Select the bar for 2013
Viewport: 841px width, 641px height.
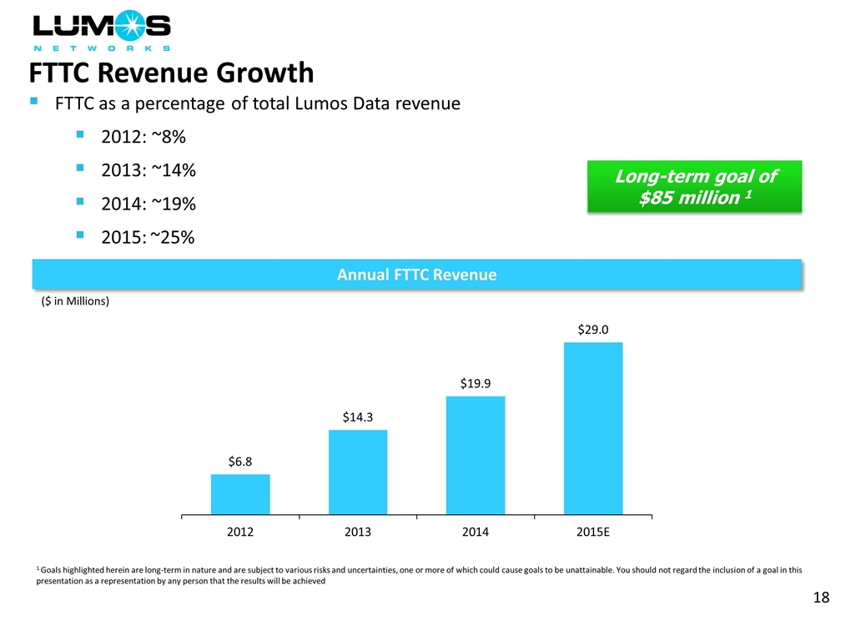tap(358, 472)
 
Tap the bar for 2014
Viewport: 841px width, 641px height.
tap(476, 455)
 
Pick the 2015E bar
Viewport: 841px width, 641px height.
tap(593, 428)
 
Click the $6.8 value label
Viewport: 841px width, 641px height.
tap(240, 461)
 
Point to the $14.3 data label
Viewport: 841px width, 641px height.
tap(358, 416)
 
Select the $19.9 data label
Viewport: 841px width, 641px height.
tap(476, 382)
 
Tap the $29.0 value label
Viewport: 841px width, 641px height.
tap(593, 330)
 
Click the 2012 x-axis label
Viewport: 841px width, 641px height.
tap(240, 532)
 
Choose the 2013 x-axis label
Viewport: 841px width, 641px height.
tap(358, 532)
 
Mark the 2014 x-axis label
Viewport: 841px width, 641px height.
tap(476, 532)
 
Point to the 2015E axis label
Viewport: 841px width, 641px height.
tap(593, 532)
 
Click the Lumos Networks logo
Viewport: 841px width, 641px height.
tap(101, 31)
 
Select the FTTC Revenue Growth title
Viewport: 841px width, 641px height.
tap(172, 73)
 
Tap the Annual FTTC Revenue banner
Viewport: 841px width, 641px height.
tap(416, 275)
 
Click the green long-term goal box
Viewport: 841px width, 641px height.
tap(694, 187)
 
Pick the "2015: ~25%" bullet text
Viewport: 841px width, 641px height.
tap(148, 237)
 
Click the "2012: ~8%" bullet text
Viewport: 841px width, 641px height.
tap(143, 138)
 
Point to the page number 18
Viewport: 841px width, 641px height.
tap(820, 598)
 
